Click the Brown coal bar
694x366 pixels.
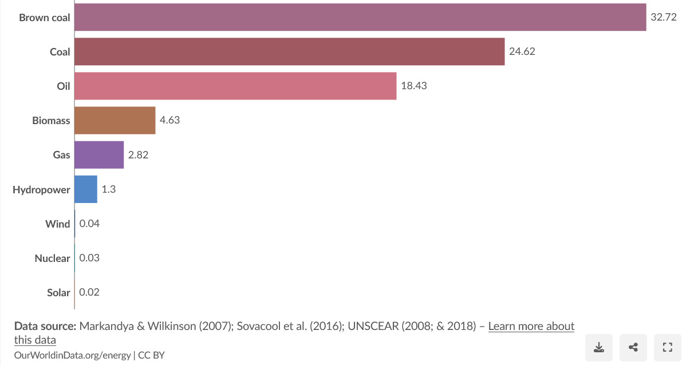point(360,17)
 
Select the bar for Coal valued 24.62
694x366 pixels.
point(289,51)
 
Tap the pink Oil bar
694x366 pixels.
point(235,86)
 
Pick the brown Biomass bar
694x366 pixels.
point(115,120)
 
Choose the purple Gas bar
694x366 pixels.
point(99,154)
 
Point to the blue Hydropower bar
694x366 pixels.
point(86,189)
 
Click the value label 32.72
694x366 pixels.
point(664,17)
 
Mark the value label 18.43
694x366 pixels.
point(414,86)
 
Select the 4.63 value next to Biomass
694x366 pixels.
point(170,120)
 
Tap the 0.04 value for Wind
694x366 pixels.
point(89,224)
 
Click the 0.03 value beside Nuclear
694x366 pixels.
point(89,258)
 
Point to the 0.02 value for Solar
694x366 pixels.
point(89,292)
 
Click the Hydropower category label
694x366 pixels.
point(41,189)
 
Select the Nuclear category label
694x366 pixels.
point(52,258)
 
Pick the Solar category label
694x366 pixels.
point(58,292)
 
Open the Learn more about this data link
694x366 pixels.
point(531,326)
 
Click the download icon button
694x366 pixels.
point(599,347)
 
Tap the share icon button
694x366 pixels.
point(633,347)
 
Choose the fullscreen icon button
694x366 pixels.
point(667,347)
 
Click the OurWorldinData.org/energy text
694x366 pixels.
point(73,355)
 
